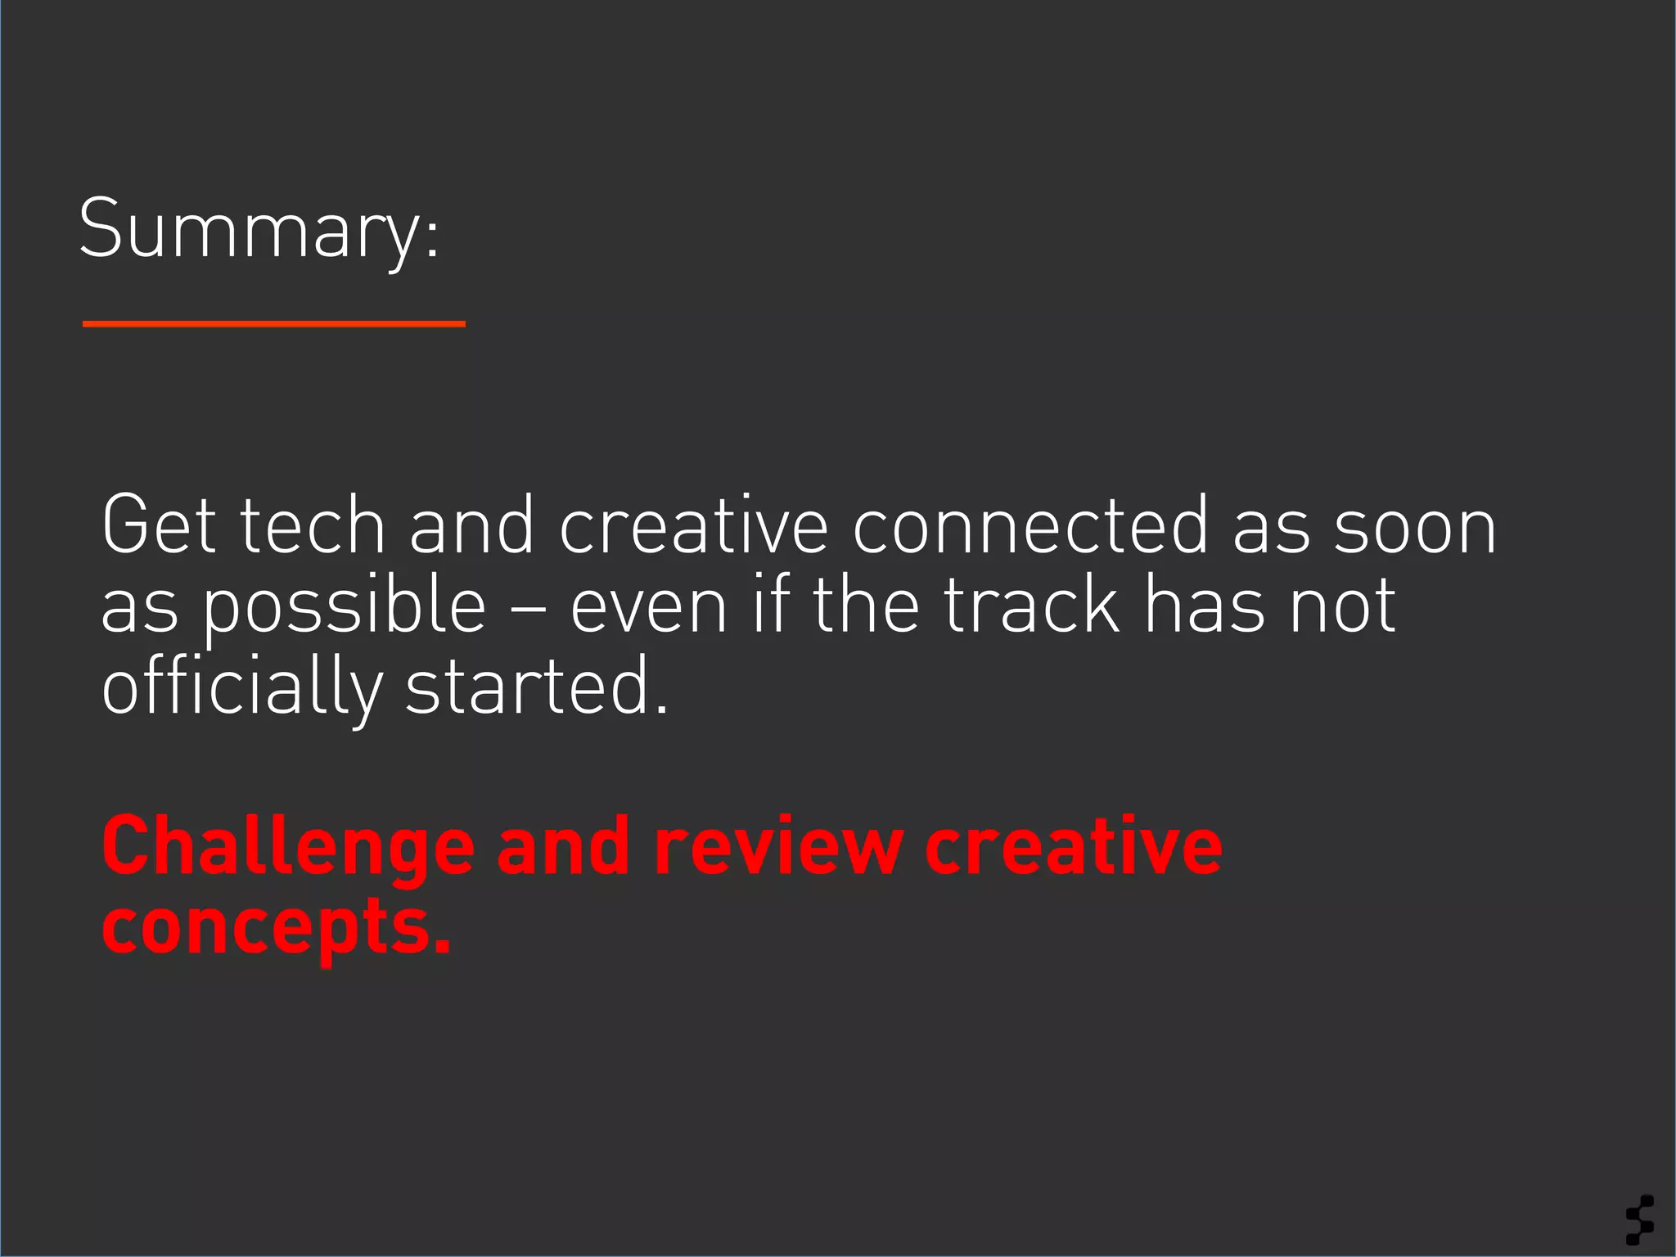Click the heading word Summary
click(259, 229)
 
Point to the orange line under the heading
click(273, 324)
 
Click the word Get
click(160, 525)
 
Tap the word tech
click(313, 525)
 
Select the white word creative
click(693, 525)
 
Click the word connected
click(1029, 525)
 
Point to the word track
click(1032, 606)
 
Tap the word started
click(537, 686)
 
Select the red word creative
click(1073, 847)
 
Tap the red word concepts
click(276, 929)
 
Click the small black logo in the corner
click(1640, 1219)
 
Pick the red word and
click(562, 847)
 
